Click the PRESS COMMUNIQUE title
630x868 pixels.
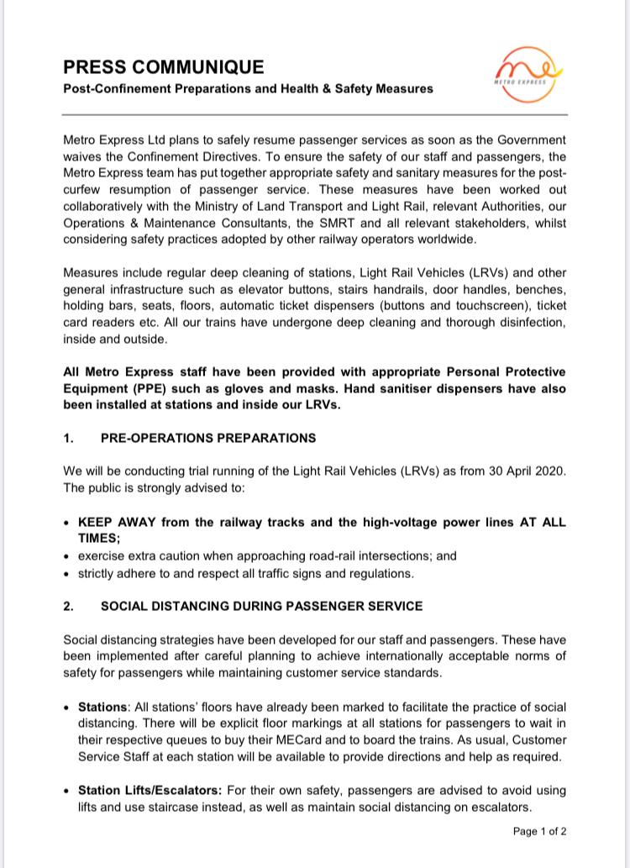[x=163, y=67]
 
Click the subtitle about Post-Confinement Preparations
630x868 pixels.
[x=248, y=88]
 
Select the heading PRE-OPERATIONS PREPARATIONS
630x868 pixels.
[x=208, y=438]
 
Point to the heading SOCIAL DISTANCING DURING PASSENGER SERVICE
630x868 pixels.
[x=261, y=606]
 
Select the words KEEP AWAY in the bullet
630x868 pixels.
[x=117, y=522]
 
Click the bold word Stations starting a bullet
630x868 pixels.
[x=103, y=708]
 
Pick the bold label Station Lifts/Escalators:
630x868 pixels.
[x=150, y=791]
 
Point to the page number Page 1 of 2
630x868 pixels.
[x=539, y=832]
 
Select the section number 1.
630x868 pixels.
[x=68, y=438]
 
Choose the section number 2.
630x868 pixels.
[x=68, y=606]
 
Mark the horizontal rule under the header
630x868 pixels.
[x=315, y=113]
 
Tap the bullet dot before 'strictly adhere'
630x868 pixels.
[x=67, y=574]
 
